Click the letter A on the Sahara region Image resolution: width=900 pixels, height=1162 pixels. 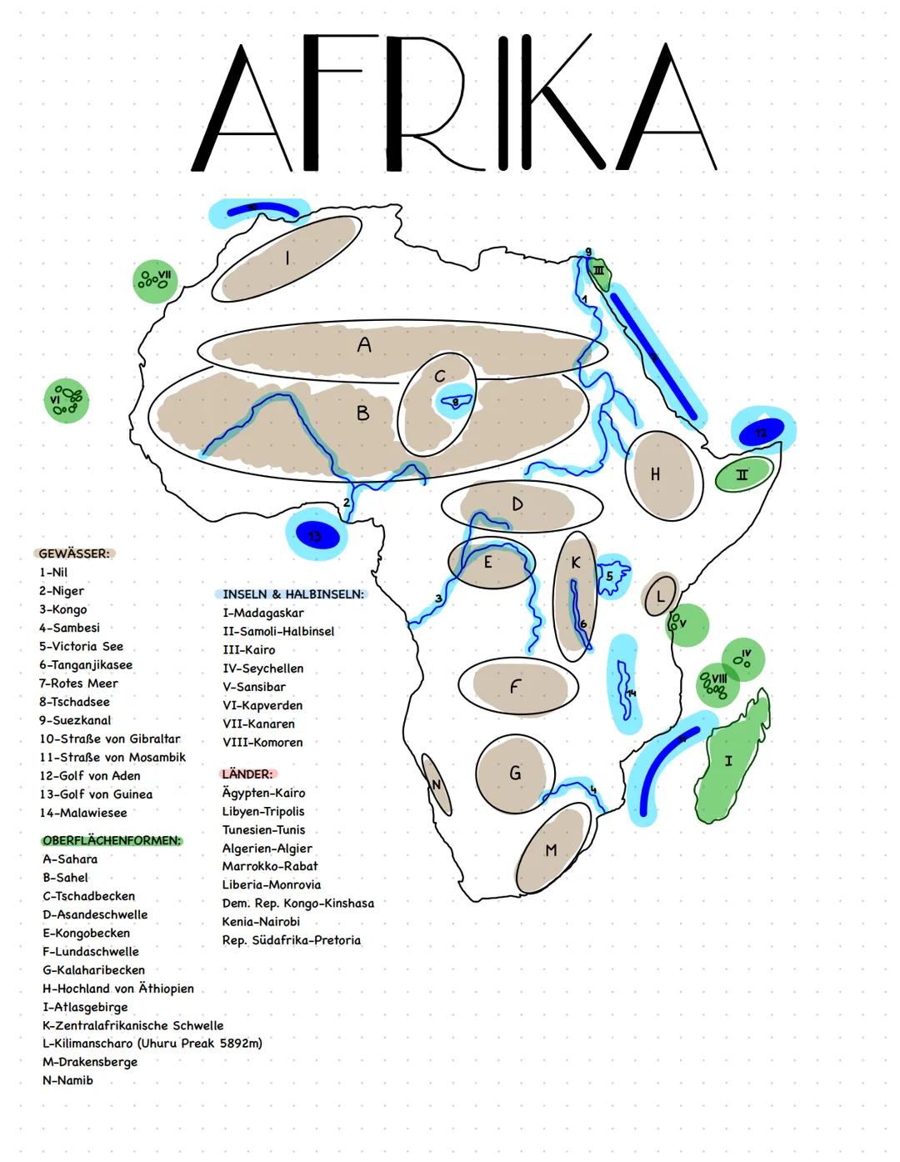364,344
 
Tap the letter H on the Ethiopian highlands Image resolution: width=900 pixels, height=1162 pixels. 655,473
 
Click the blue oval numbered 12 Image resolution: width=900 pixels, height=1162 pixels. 760,432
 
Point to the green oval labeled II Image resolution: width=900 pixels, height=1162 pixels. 742,474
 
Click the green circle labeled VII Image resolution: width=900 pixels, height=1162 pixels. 154,280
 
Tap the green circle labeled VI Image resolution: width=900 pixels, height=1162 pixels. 65,400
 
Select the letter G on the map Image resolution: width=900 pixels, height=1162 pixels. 515,773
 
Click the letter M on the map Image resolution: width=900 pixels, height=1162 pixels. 551,850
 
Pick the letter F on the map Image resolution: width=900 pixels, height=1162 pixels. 515,686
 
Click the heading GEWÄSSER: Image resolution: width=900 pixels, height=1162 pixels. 74,553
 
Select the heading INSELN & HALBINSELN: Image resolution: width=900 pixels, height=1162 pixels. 293,594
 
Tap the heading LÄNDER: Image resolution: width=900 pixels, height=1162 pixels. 247,774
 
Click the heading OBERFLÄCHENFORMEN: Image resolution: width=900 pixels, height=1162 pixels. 112,840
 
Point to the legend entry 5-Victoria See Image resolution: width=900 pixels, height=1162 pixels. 81,646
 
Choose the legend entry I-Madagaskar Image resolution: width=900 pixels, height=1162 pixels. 263,613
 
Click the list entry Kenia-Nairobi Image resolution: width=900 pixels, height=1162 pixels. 261,921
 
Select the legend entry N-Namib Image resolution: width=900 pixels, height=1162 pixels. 67,1080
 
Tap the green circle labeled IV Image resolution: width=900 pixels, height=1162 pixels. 742,659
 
